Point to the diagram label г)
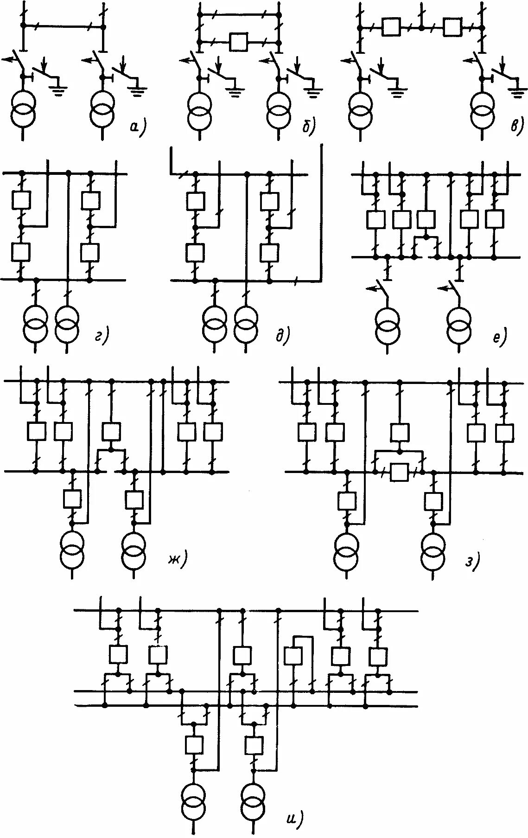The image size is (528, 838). click(101, 336)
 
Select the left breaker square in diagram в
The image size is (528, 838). click(391, 27)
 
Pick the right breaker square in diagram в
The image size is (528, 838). click(452, 27)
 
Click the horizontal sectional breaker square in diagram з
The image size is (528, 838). click(399, 472)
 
